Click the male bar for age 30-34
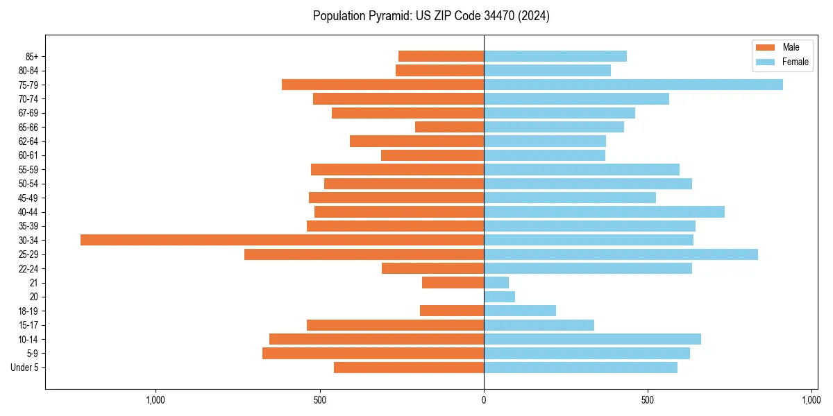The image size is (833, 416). tap(282, 240)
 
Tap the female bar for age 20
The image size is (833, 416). tap(499, 297)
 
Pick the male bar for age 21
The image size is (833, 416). tap(453, 283)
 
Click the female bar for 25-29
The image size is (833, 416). tap(621, 254)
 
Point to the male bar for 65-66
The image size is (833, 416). tap(449, 127)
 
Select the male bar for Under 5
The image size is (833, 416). tap(408, 367)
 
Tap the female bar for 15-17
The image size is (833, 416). tap(539, 325)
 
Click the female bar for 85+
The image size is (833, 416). tap(555, 56)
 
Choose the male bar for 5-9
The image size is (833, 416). tap(373, 354)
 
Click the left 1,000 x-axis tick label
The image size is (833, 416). tap(155, 400)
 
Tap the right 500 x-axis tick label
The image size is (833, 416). tap(648, 400)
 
